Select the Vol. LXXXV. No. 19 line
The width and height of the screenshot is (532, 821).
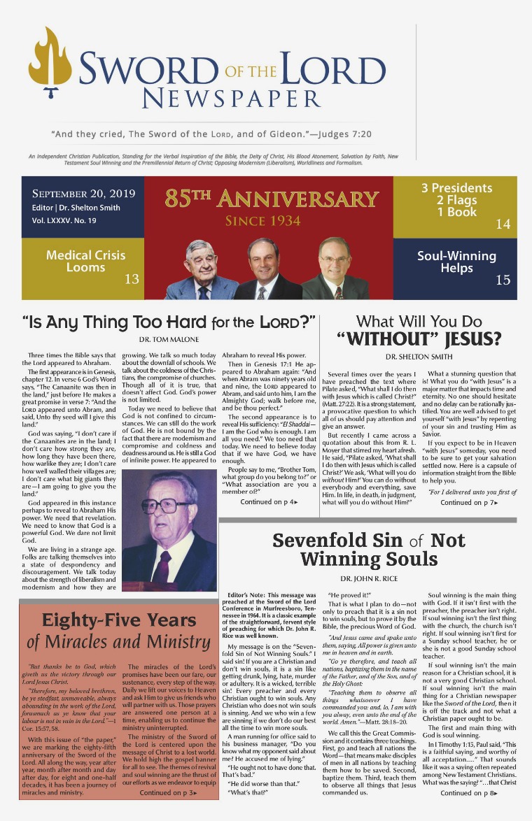click(64, 220)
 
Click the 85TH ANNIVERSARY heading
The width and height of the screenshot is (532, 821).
click(272, 199)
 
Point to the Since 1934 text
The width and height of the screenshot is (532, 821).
click(262, 222)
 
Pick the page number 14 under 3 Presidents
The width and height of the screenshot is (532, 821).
click(503, 224)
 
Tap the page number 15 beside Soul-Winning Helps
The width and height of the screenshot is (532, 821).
click(503, 280)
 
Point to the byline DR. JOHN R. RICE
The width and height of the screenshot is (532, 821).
click(369, 579)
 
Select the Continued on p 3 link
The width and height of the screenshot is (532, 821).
click(169, 793)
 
